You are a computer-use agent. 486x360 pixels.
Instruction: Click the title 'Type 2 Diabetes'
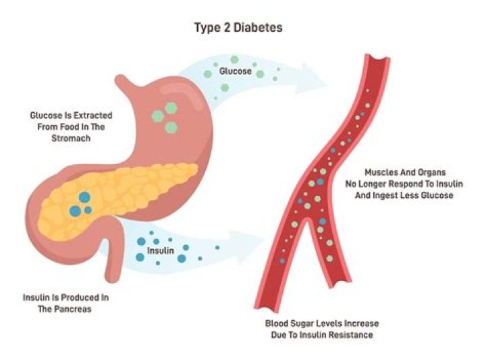(238, 28)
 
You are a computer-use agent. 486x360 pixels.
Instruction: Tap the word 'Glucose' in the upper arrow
(236, 72)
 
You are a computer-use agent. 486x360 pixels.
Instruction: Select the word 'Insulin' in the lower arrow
(160, 251)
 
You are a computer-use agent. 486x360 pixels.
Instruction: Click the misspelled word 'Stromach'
(71, 138)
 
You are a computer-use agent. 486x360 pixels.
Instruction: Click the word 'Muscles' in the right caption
(380, 172)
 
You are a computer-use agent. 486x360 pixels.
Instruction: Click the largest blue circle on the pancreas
(84, 197)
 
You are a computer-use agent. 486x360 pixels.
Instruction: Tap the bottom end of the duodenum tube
(112, 278)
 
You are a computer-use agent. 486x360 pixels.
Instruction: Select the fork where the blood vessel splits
(306, 221)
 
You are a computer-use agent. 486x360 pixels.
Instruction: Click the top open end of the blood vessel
(377, 57)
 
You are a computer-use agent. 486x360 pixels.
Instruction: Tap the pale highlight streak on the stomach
(182, 93)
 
